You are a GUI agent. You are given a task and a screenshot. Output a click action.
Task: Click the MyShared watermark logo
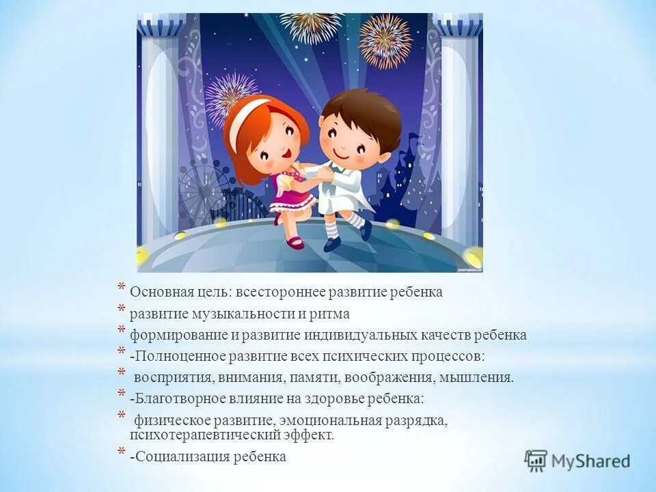click(577, 460)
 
